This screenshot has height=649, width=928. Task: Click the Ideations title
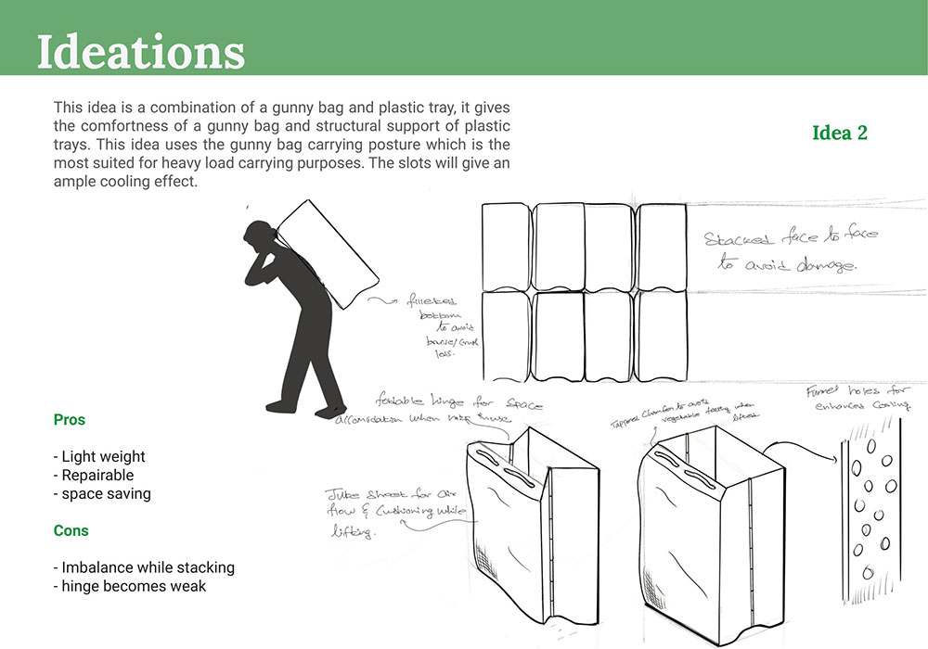(x=140, y=52)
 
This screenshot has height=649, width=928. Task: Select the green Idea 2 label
(x=839, y=133)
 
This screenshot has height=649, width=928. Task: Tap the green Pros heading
(x=70, y=420)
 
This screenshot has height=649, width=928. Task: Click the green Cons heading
(x=71, y=531)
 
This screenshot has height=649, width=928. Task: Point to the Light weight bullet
(x=99, y=456)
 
